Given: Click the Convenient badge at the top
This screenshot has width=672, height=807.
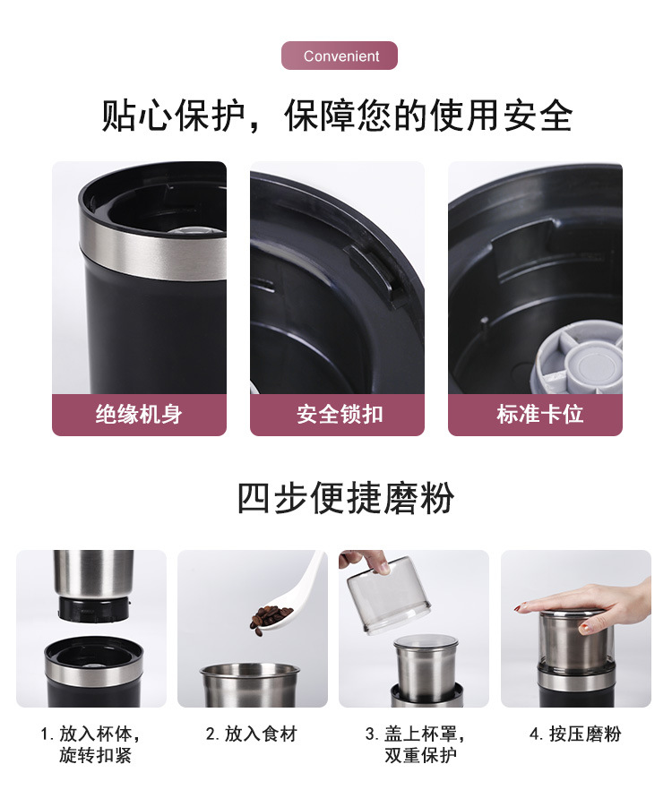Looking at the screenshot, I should [x=340, y=56].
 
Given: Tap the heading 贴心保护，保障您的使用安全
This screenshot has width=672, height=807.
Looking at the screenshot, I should [x=336, y=116].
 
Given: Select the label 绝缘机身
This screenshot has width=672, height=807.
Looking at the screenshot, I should [x=139, y=415].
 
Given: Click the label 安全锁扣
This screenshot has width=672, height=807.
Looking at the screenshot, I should [x=337, y=415].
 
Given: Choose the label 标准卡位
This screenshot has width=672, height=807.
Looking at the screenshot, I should [x=535, y=415].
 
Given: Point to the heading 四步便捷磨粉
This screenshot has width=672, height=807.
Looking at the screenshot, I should [x=345, y=498].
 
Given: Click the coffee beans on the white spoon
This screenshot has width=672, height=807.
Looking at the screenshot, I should [x=271, y=615].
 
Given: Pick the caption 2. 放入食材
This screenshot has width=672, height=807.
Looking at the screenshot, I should [x=252, y=734].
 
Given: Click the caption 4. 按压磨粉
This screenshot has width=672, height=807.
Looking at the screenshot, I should [x=575, y=734].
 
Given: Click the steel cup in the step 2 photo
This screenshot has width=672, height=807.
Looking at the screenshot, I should [x=249, y=686].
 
